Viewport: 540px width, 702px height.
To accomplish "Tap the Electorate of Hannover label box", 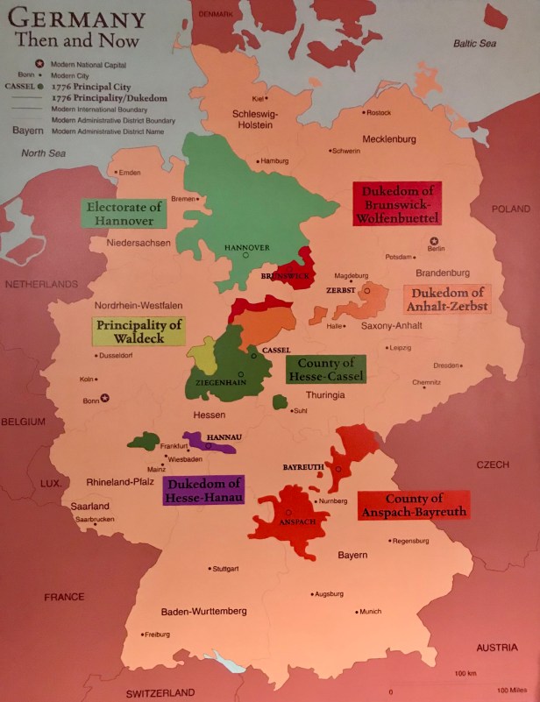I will pos(124,214).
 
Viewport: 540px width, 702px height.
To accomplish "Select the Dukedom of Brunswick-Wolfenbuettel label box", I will pos(397,203).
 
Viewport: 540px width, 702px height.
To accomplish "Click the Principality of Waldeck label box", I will pos(139,331).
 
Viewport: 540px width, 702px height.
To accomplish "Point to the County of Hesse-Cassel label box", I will pos(325,370).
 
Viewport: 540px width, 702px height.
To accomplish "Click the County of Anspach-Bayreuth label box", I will pos(414,505).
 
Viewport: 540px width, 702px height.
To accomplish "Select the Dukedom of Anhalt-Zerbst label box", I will pos(446,299).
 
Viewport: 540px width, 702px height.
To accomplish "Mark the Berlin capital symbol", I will pos(430,241).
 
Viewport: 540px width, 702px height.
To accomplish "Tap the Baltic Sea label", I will pos(476,43).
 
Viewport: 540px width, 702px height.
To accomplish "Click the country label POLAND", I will pos(510,209).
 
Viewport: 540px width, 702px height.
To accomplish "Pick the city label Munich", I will pos(370,612).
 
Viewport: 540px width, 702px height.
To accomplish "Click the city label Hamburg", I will pos(276,161).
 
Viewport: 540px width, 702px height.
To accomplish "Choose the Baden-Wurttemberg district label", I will pos(204,611).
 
